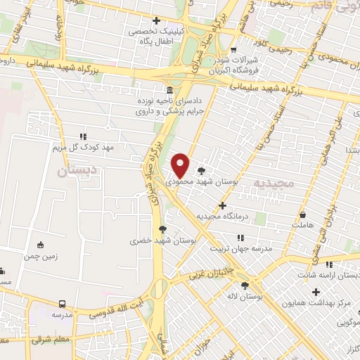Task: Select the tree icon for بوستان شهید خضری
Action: click(162, 229)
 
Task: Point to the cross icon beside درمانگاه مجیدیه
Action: click(223, 206)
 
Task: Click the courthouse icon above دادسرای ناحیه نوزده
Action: click(171, 90)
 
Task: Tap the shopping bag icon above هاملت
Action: click(303, 214)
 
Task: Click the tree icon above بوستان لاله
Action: click(245, 285)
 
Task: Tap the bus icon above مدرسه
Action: click(63, 304)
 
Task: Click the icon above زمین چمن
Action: click(41, 245)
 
